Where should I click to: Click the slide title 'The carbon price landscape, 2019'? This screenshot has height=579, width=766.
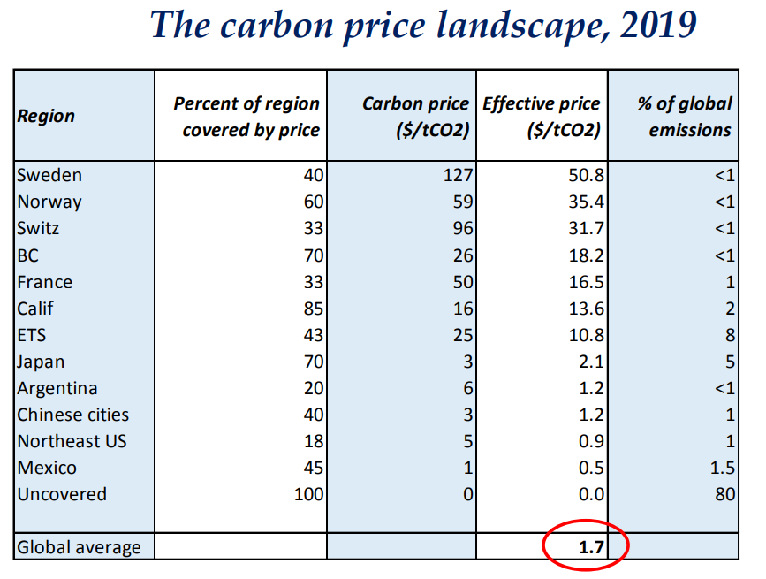422,26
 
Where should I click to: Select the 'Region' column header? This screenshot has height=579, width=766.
46,116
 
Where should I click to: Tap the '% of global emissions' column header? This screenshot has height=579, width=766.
684,116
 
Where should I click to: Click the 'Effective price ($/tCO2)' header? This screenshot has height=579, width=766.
541,116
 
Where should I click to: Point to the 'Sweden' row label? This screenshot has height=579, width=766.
49,175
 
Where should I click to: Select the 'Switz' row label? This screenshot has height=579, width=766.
38,228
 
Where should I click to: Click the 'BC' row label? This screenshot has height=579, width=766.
28,255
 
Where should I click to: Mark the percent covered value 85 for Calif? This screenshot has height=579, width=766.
314,309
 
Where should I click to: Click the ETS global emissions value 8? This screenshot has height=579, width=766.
729,336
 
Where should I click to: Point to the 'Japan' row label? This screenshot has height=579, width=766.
41,362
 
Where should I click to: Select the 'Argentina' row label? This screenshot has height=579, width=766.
57,388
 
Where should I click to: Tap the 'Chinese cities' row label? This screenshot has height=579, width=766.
73,415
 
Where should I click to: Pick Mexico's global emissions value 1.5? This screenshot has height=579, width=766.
722,468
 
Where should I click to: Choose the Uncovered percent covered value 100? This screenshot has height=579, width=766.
308,494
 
